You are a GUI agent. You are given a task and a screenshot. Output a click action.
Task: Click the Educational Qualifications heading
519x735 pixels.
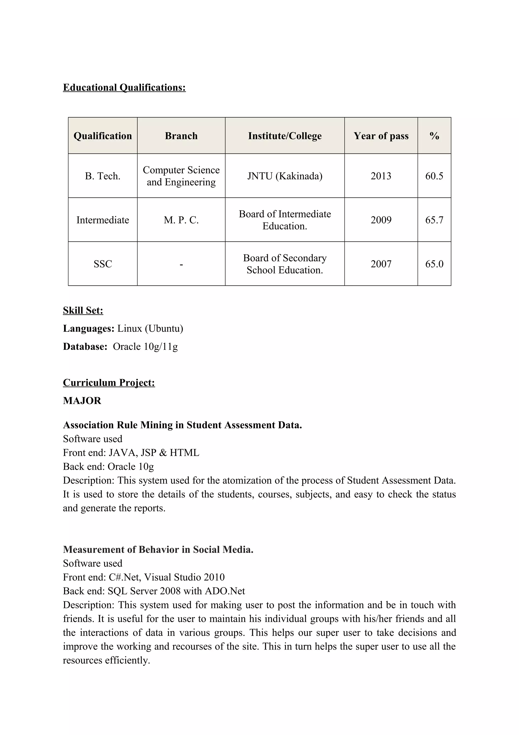pyautogui.click(x=124, y=87)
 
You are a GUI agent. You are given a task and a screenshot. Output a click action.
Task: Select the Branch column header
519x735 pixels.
pyautogui.click(x=181, y=136)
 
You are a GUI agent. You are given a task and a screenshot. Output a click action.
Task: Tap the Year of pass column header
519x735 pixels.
pyautogui.click(x=381, y=136)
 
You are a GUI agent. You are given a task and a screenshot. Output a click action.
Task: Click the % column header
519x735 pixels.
pyautogui.click(x=434, y=136)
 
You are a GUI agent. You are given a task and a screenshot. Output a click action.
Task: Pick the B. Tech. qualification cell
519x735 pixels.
pyautogui.click(x=103, y=176)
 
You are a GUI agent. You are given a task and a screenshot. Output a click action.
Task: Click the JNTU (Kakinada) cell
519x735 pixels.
pyautogui.click(x=285, y=176)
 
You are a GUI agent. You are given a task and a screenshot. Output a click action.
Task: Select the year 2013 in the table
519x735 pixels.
pyautogui.click(x=381, y=176)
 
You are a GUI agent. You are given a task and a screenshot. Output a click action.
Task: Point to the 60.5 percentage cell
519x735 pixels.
pyautogui.click(x=434, y=176)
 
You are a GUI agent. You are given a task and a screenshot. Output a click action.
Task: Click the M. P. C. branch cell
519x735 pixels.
pyautogui.click(x=181, y=220)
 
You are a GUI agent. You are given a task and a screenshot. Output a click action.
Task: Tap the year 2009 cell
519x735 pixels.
pyautogui.click(x=381, y=220)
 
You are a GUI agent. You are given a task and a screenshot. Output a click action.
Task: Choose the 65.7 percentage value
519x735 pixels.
pyautogui.click(x=434, y=220)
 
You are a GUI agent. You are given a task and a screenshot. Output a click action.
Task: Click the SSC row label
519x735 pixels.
pyautogui.click(x=103, y=264)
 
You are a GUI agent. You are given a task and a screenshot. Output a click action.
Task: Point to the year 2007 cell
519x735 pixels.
pyautogui.click(x=381, y=264)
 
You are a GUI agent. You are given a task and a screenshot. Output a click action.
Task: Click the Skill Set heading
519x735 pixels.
pyautogui.click(x=83, y=310)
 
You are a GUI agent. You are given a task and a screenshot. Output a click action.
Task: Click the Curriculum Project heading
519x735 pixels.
pyautogui.click(x=109, y=382)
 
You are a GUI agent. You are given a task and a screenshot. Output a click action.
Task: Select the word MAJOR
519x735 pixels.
pyautogui.click(x=82, y=400)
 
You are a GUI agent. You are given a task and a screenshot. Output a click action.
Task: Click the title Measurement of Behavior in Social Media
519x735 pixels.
pyautogui.click(x=158, y=549)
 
